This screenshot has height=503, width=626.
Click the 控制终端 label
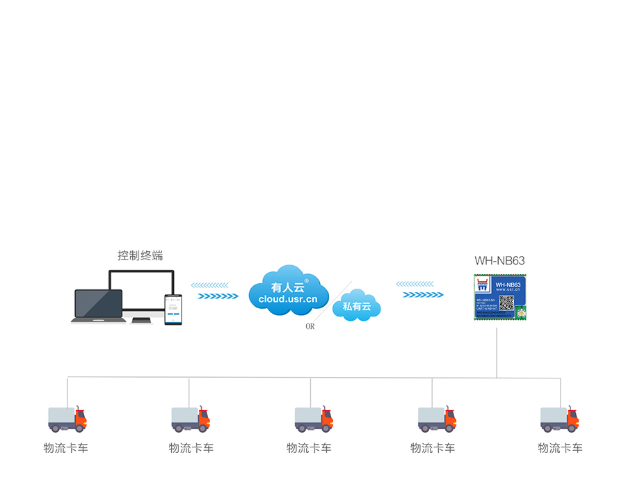click(x=140, y=255)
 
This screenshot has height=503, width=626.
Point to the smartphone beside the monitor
click(x=173, y=310)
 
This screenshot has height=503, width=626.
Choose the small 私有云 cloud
click(x=357, y=306)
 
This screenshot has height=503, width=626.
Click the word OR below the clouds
click(x=310, y=326)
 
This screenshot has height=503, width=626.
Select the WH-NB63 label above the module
click(x=499, y=261)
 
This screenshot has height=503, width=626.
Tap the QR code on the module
click(x=506, y=302)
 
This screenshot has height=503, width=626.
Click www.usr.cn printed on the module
click(x=508, y=291)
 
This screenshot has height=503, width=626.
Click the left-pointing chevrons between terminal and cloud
click(x=209, y=285)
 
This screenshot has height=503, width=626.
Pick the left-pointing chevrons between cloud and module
click(x=415, y=284)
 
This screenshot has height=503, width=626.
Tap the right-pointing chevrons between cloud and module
click(x=423, y=294)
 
